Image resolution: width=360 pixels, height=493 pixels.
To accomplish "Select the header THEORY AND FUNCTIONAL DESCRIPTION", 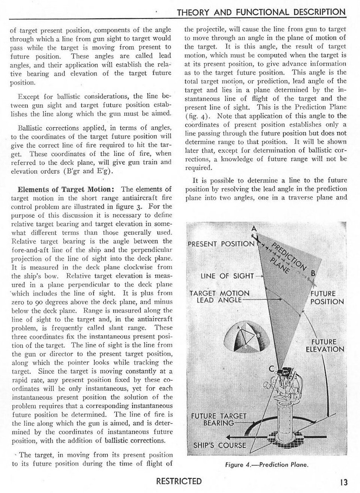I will [261, 12].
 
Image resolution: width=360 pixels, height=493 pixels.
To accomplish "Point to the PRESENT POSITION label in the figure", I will [221, 244].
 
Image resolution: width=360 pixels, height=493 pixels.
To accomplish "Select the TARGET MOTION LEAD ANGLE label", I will [220, 296].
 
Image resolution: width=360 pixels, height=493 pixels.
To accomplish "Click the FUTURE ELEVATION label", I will [325, 345].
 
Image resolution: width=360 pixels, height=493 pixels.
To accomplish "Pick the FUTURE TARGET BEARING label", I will [218, 419].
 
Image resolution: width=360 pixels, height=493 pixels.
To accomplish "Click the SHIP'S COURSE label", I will [219, 446].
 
